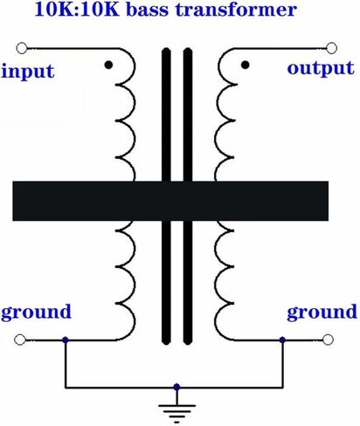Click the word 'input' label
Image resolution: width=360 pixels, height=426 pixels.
(28, 72)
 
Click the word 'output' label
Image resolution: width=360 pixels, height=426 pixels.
(321, 69)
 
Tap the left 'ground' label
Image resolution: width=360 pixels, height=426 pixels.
(36, 313)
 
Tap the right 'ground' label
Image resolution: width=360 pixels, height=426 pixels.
(322, 313)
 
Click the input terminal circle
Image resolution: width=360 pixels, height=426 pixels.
(22, 48)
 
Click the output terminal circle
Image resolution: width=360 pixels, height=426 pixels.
(331, 48)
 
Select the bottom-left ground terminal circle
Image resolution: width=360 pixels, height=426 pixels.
(20, 340)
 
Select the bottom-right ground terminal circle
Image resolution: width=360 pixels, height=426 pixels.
(328, 340)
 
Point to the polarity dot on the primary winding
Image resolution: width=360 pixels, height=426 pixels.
(108, 65)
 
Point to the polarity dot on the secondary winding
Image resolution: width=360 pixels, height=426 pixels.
(246, 65)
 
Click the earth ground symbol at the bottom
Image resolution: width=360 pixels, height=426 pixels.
(177, 409)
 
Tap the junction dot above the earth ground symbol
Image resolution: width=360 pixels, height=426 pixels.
(177, 387)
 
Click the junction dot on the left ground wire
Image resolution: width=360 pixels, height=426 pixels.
(66, 340)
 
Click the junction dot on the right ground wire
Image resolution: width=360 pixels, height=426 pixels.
(282, 340)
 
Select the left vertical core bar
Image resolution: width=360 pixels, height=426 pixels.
(166, 196)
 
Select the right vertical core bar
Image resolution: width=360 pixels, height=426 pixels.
(188, 196)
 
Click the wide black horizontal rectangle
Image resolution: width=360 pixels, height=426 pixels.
(170, 201)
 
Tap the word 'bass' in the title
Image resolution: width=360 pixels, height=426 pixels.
(148, 10)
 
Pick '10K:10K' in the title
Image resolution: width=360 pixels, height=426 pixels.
(77, 10)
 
